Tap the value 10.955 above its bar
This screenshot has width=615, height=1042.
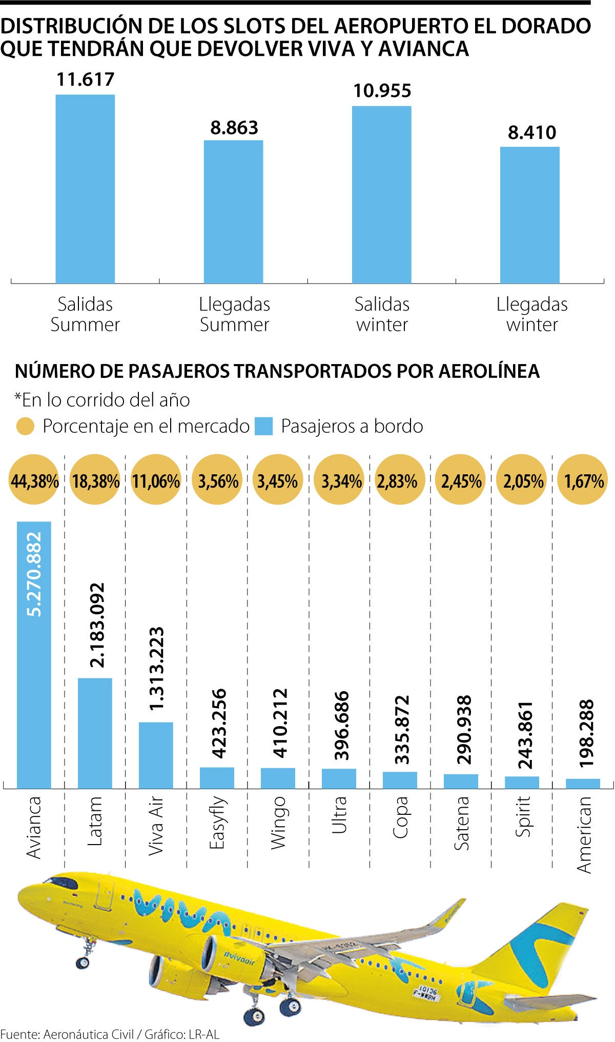point(382,91)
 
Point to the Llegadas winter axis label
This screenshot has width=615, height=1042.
point(532,314)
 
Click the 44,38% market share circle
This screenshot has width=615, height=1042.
point(34,481)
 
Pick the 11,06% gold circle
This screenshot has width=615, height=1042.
point(156,481)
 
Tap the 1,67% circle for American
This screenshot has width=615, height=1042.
point(584,481)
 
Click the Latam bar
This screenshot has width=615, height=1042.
point(95,733)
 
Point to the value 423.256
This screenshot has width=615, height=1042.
point(219,723)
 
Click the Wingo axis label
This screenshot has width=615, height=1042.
point(278,823)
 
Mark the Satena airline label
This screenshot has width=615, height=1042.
point(461,823)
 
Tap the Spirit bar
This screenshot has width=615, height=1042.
point(522,782)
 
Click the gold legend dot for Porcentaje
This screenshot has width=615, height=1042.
point(25,427)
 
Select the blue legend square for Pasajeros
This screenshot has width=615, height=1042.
point(264,427)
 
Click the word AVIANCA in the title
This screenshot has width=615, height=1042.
point(424,49)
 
